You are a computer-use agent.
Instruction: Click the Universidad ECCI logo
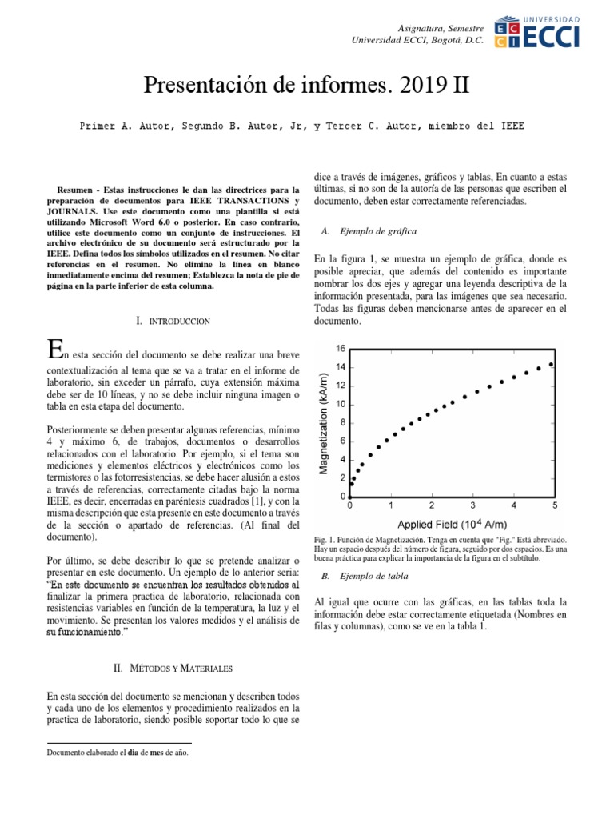pos(538,32)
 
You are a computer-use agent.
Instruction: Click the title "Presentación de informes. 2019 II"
pos(306,85)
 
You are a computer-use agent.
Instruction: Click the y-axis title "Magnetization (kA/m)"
pos(324,422)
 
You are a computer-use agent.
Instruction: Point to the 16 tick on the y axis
pos(341,349)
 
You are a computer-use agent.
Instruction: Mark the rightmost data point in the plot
pos(551,364)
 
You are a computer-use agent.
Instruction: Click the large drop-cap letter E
pos(54,350)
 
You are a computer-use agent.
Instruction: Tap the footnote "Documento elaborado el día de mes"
pos(118,753)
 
